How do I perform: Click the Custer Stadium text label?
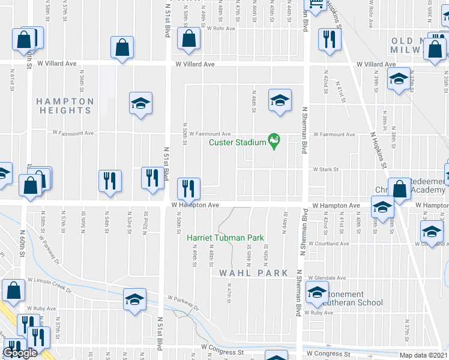tap(237, 142)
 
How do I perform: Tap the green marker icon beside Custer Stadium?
tap(274, 141)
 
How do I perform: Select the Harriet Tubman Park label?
tap(226, 238)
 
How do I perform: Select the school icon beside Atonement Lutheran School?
tap(316, 293)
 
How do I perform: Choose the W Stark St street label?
tap(326, 169)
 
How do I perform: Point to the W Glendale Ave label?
tap(327, 278)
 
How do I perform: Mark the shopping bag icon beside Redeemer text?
tap(399, 188)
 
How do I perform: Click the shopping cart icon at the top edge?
tap(316, 5)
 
